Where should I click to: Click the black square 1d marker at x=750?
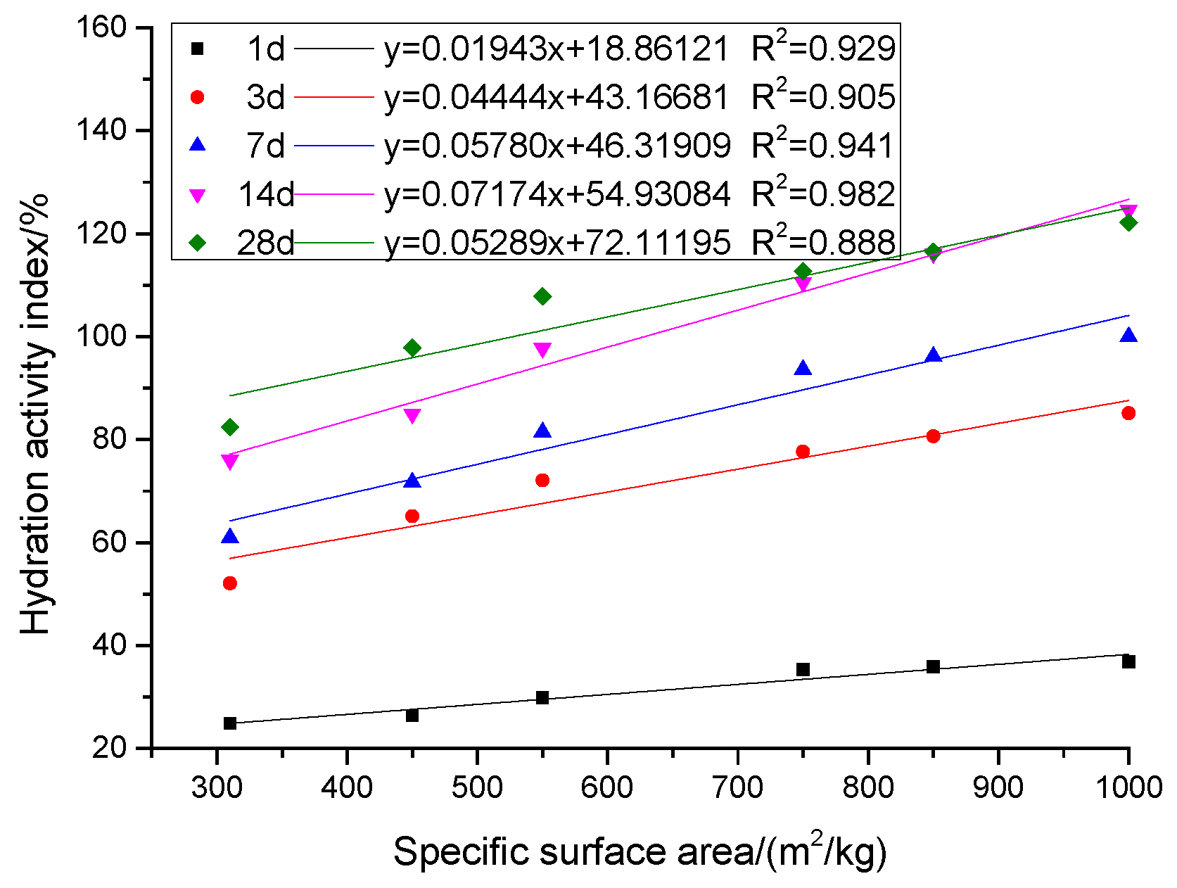803,669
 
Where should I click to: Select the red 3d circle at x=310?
229,583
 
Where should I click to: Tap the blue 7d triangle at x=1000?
1128,336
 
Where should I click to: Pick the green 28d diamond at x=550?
542,296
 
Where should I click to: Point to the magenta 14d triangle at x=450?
412,416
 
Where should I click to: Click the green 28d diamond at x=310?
229,427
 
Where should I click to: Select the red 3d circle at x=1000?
1128,413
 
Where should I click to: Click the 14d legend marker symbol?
198,196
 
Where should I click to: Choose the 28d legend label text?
265,243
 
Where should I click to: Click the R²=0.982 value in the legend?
823,194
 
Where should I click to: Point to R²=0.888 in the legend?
823,242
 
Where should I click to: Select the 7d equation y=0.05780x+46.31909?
556,146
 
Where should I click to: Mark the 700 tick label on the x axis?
737,787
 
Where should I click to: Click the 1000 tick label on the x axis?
1128,787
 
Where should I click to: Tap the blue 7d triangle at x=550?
542,431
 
